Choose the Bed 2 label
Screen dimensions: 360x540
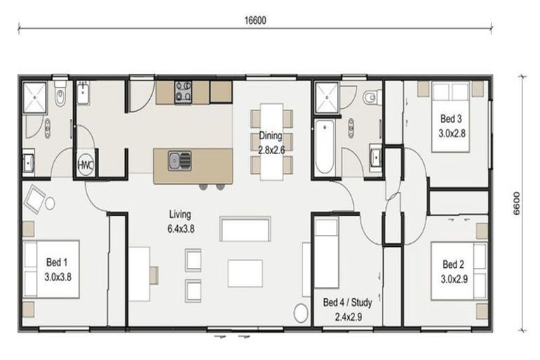click(x=454, y=270)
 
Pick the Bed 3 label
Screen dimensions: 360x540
click(x=452, y=124)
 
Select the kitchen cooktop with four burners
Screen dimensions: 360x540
click(x=184, y=90)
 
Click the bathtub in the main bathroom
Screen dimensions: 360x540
click(x=324, y=147)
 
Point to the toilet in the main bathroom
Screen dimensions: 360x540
click(x=371, y=97)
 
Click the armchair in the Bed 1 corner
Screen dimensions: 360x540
click(x=37, y=200)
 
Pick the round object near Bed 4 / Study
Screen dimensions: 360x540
click(x=300, y=314)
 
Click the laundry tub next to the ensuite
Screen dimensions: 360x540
click(x=84, y=94)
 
